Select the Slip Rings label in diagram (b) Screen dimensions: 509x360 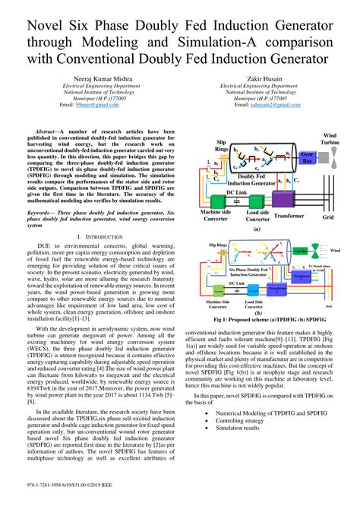[218, 246]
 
